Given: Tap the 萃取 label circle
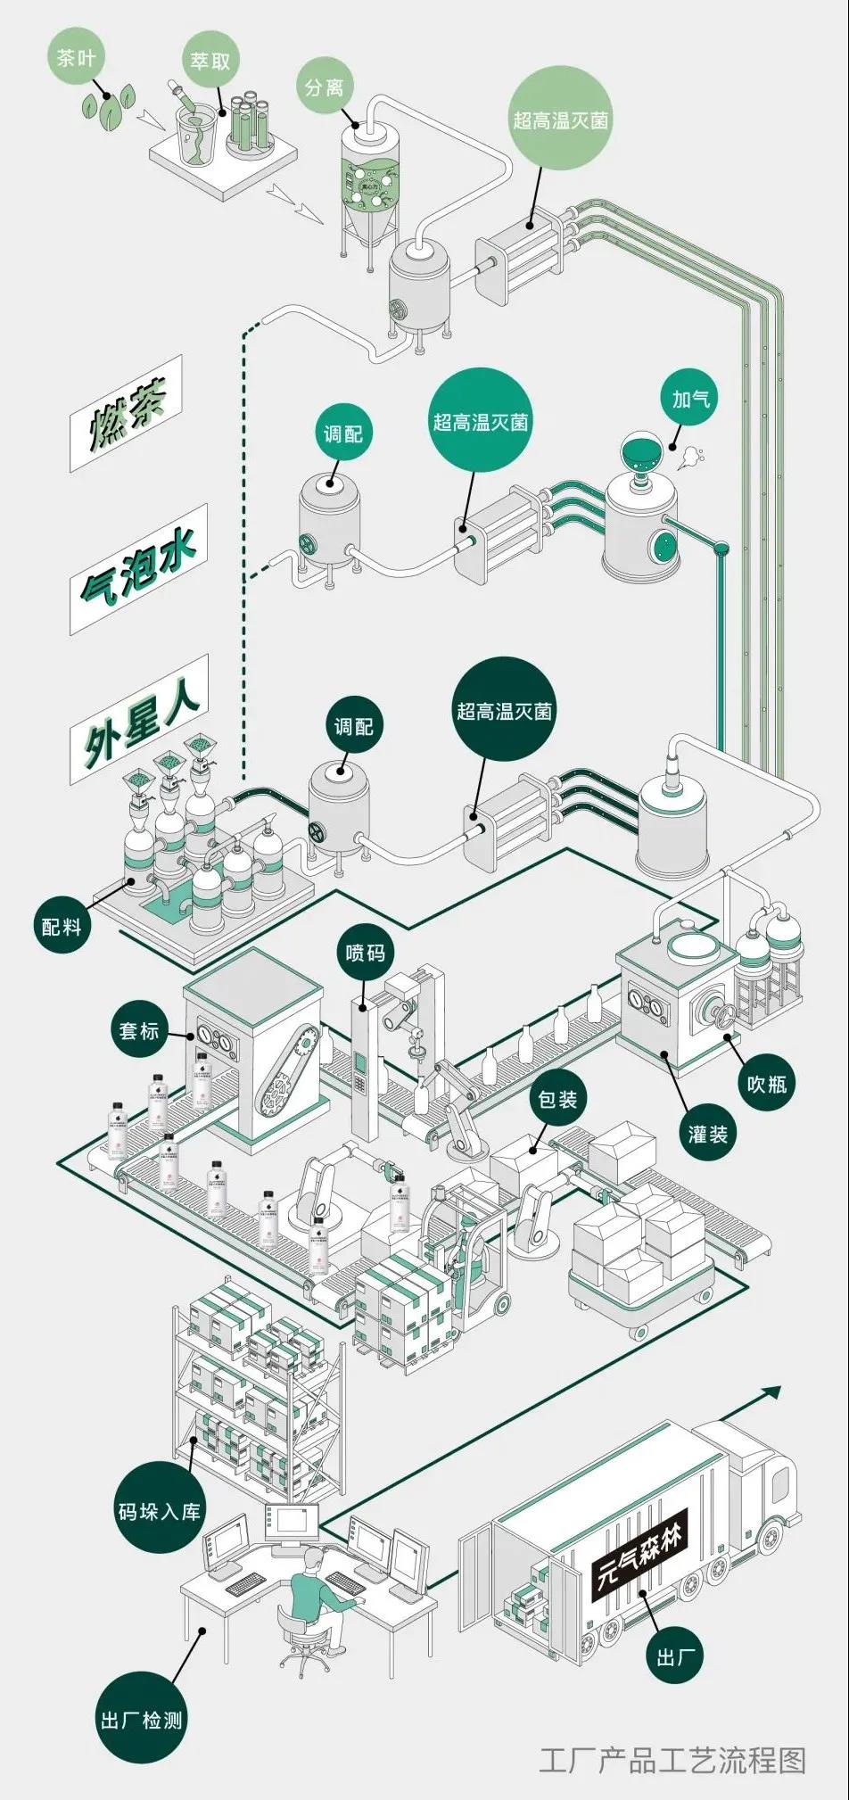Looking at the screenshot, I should point(210,62).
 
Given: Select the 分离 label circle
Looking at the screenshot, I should point(325,87).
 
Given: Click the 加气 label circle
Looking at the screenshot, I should point(690,399).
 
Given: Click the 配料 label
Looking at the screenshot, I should point(62,926).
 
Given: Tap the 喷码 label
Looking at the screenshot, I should point(366,953).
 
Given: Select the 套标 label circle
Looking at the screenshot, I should point(139,1031).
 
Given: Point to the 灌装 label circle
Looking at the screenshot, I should point(708,1134).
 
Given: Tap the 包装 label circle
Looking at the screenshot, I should point(557,1099).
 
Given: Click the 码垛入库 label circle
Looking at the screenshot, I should point(161,1511).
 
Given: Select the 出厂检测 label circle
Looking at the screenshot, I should point(142,1719).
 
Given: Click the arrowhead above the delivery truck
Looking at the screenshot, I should point(771,1391).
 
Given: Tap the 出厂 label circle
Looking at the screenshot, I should point(675,1657).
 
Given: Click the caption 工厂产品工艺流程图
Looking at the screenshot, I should point(672,1760).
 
